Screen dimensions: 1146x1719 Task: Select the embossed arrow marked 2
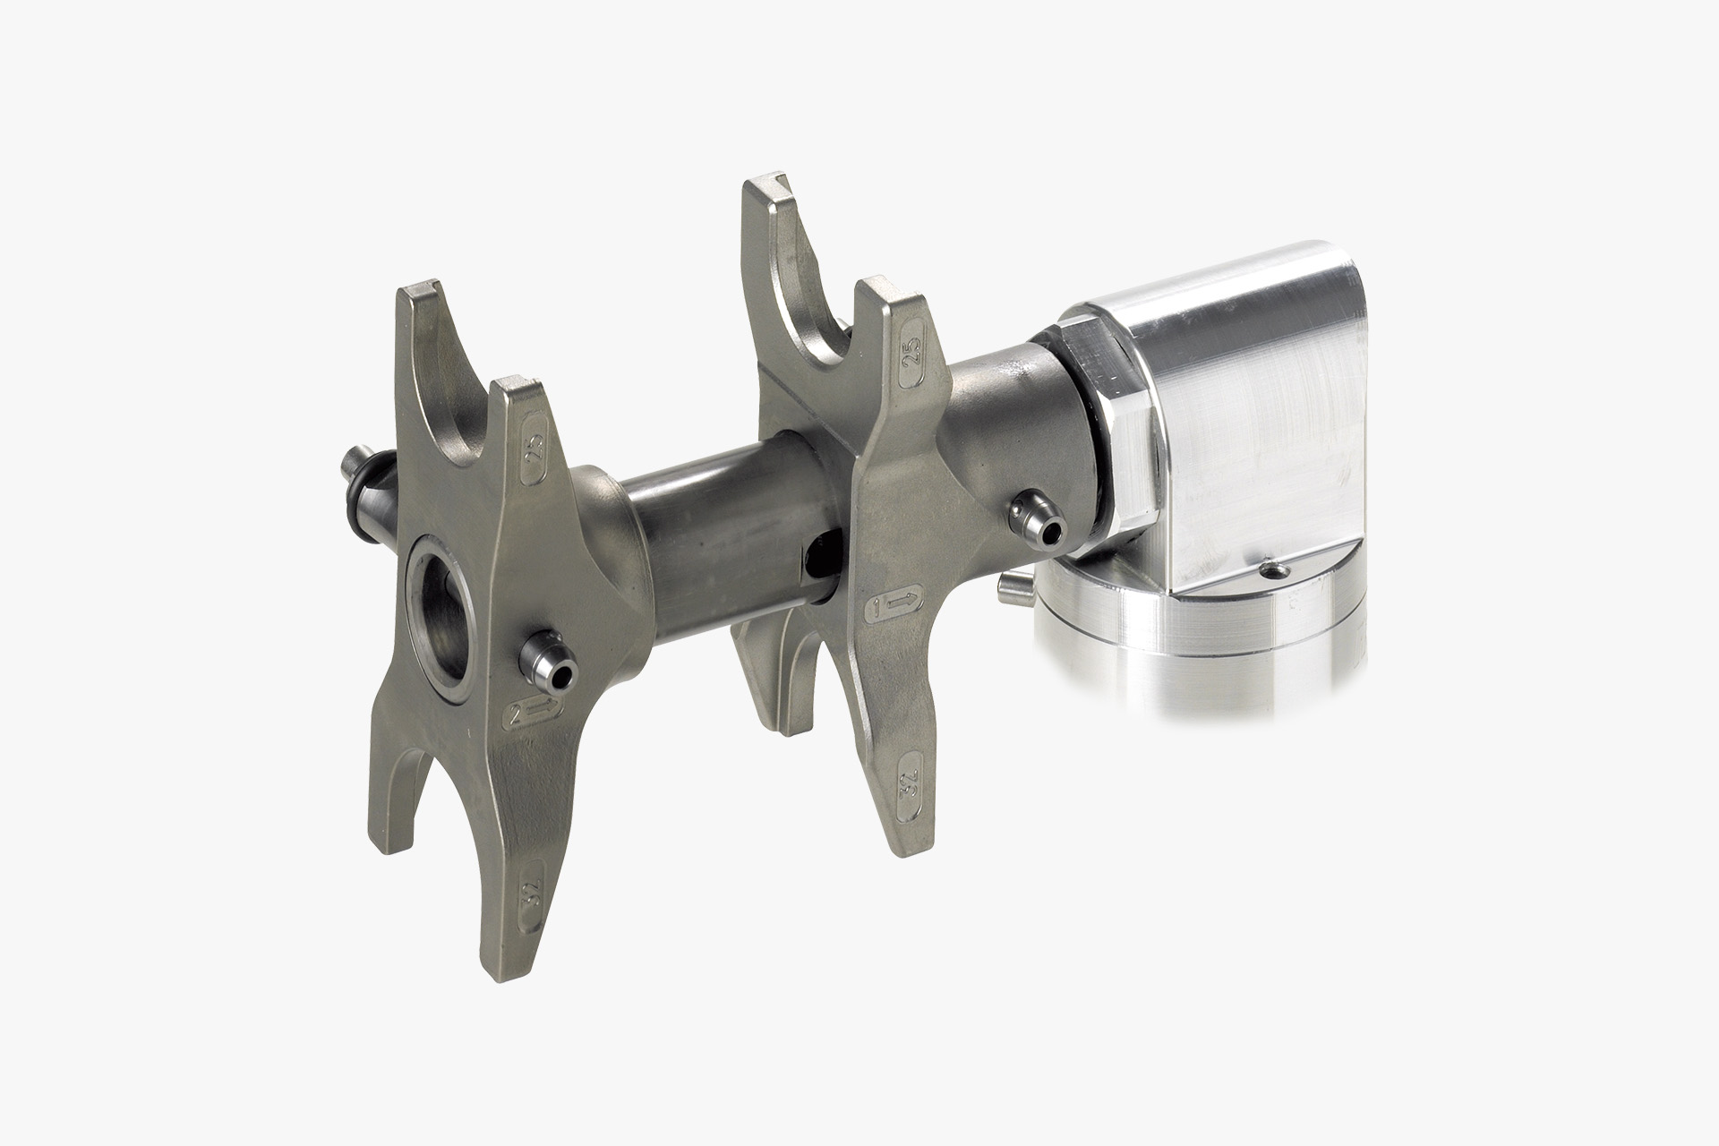[x=535, y=714]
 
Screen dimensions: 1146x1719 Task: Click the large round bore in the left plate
[x=440, y=609]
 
